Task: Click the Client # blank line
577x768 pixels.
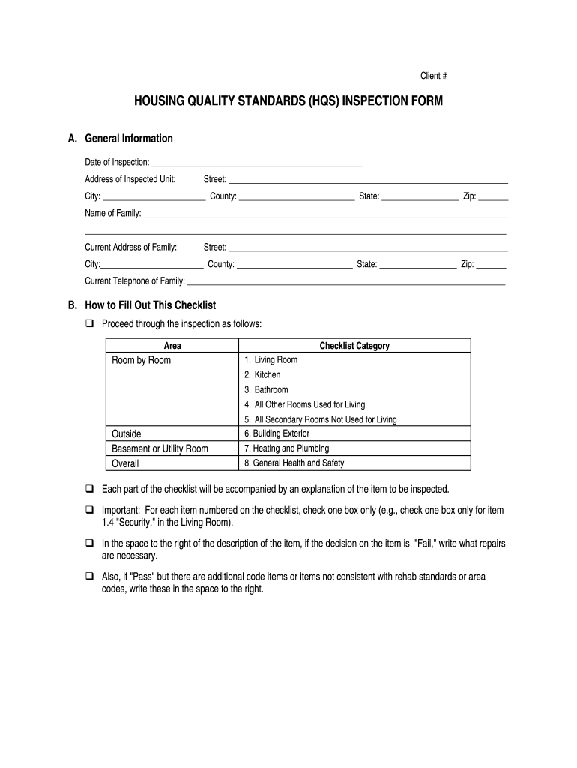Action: (x=480, y=79)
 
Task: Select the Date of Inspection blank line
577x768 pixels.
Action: (x=256, y=164)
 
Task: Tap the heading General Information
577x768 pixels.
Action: (x=129, y=139)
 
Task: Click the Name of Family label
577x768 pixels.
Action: (x=112, y=214)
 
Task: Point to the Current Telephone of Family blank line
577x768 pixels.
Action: (x=345, y=284)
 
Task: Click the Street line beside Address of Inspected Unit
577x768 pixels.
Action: (x=368, y=182)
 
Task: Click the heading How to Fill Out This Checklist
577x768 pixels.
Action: (x=151, y=305)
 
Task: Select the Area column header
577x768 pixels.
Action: (x=172, y=346)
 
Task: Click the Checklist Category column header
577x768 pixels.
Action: (x=354, y=346)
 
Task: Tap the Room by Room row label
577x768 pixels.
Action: (x=142, y=361)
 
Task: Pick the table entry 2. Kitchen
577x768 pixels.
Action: (x=262, y=375)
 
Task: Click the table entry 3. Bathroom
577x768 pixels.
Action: (x=266, y=390)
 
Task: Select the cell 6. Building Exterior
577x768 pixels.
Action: (x=277, y=433)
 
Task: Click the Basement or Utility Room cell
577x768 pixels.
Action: (x=160, y=448)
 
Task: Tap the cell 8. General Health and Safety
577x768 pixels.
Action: (x=294, y=463)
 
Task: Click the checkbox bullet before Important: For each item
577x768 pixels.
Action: (x=89, y=510)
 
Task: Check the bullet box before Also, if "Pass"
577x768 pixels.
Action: (x=89, y=577)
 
